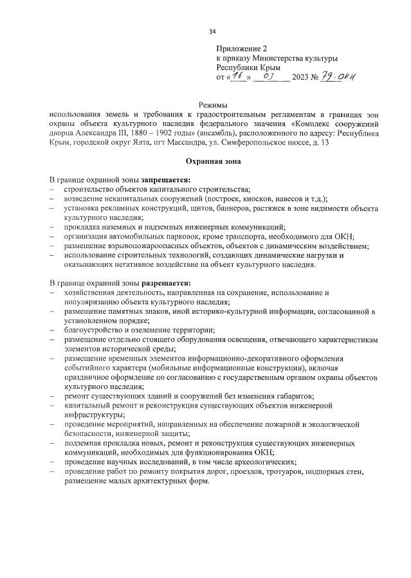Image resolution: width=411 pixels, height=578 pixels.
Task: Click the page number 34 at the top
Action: [x=212, y=31]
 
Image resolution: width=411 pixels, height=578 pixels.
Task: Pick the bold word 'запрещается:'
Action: [x=165, y=179]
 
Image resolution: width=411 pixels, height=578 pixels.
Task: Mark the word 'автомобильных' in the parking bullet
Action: [x=134, y=236]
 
